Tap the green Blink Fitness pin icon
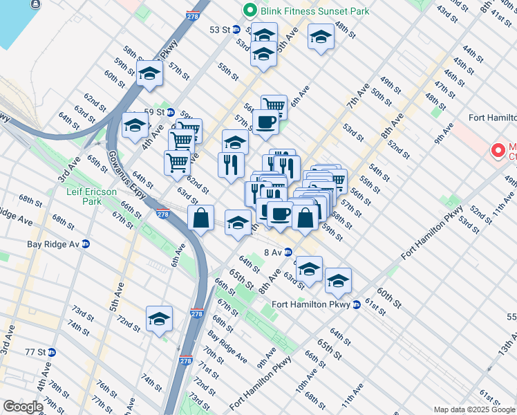click(x=248, y=11)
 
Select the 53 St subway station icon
click(x=236, y=30)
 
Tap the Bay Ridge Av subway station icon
click(x=86, y=244)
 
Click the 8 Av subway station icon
click(x=288, y=252)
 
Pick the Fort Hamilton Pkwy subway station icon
click(x=357, y=304)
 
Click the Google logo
click(x=22, y=407)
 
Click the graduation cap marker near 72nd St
click(x=159, y=319)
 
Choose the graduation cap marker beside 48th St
click(x=321, y=37)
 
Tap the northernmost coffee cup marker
click(x=265, y=122)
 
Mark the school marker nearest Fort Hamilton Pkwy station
click(x=338, y=280)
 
